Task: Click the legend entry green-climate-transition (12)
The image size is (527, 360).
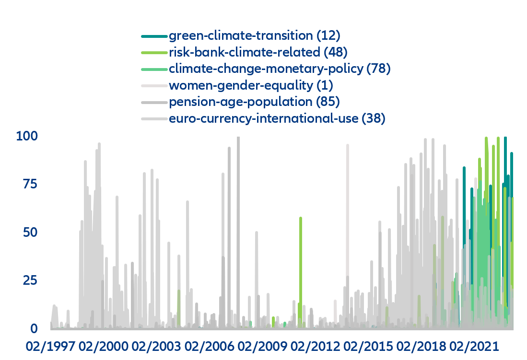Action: (254, 35)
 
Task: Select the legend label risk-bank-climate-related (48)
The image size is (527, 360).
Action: (258, 52)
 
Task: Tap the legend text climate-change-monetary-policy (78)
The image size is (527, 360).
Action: (280, 69)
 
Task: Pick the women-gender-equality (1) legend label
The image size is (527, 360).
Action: (251, 85)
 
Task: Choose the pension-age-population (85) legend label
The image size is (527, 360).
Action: (254, 102)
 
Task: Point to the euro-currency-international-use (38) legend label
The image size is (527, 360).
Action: (277, 118)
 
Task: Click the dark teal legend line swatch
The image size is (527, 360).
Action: (153, 36)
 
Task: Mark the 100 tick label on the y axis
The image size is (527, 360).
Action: (27, 136)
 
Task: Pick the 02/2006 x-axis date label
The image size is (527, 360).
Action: (208, 346)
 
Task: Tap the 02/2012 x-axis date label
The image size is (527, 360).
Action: (314, 346)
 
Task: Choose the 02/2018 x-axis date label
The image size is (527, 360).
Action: (420, 346)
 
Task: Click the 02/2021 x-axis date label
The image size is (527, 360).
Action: (473, 346)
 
